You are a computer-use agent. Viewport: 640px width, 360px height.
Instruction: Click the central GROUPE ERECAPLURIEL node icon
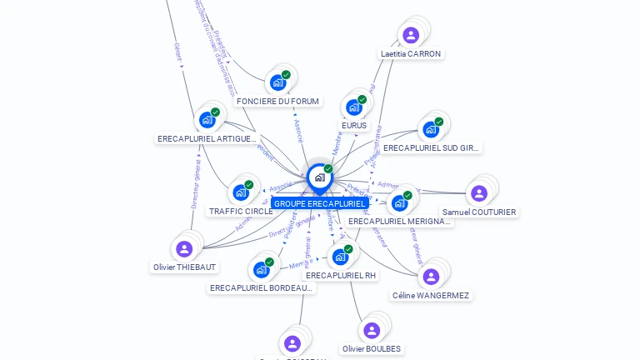319,177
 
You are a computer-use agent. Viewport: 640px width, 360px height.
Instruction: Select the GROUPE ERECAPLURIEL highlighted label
319,203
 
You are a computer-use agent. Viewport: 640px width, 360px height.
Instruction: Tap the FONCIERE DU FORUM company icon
277,83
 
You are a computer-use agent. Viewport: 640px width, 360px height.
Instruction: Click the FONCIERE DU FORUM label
277,102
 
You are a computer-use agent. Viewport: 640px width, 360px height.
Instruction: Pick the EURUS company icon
353,107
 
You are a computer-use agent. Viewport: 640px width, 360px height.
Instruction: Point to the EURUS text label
354,126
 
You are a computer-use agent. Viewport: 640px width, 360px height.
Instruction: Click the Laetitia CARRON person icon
410,35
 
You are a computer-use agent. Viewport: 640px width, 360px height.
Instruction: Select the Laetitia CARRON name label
410,54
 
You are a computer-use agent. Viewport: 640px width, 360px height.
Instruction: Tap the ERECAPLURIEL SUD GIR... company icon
430,129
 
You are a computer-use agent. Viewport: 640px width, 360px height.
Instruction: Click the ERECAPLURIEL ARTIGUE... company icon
207,120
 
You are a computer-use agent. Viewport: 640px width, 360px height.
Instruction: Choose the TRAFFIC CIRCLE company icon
241,192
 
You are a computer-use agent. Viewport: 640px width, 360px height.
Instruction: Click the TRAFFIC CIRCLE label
241,212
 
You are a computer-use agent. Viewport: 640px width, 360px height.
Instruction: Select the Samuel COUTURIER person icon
478,193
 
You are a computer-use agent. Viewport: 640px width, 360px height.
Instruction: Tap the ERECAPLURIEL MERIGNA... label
400,222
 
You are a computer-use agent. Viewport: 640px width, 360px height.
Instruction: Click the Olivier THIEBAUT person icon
184,248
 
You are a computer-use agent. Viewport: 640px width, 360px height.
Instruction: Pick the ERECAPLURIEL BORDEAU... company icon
261,269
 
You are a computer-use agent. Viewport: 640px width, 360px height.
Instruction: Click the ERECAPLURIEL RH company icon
340,257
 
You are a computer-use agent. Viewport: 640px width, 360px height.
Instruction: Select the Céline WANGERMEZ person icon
430,277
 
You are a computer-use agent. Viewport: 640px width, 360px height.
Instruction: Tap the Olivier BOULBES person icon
372,330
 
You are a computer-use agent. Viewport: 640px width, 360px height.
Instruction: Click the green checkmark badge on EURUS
362,100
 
